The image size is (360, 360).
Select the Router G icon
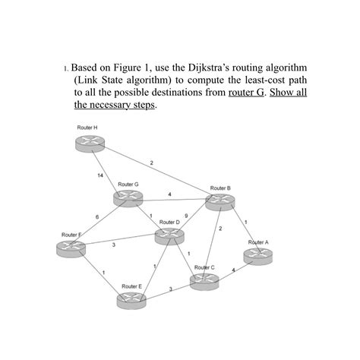click(128, 197)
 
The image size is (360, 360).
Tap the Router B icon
click(219, 201)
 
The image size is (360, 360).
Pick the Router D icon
click(169, 235)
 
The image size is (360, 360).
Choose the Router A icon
click(257, 256)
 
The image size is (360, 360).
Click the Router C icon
click(204, 281)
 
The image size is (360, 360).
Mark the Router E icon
click(131, 299)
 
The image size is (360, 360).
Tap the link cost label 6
click(97, 218)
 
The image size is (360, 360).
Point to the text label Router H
click(87, 128)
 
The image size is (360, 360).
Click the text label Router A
click(258, 242)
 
